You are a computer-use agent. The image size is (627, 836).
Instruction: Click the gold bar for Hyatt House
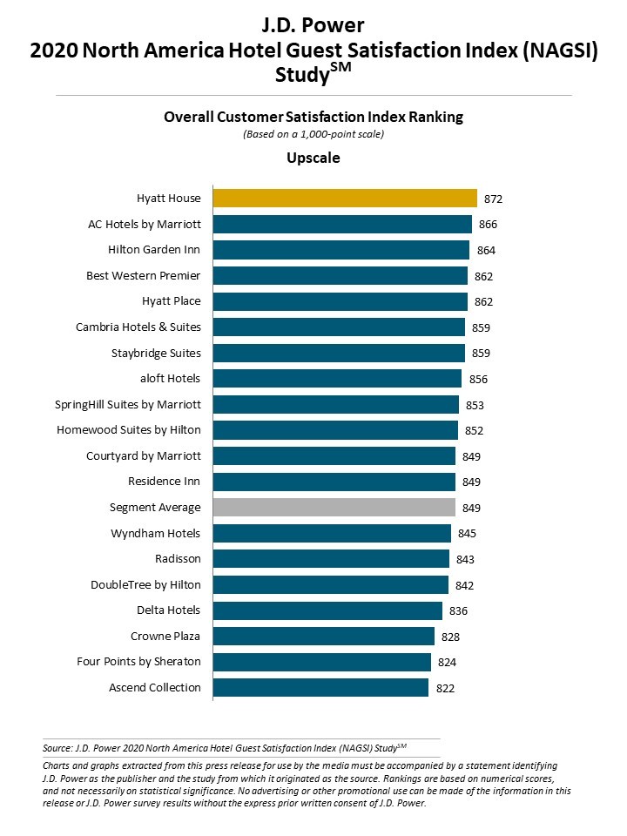pyautogui.click(x=345, y=199)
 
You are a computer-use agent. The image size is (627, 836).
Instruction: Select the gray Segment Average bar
pyautogui.click(x=334, y=508)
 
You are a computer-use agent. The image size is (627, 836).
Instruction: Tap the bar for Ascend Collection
pyautogui.click(x=320, y=688)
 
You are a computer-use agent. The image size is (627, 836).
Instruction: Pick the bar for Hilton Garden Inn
pyautogui.click(x=340, y=250)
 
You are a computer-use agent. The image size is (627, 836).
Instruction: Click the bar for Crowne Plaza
pyautogui.click(x=323, y=637)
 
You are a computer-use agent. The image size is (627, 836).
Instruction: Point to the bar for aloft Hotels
pyautogui.click(x=337, y=379)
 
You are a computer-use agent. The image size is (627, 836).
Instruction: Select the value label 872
pyautogui.click(x=494, y=199)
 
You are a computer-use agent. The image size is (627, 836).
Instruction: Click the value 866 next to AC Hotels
pyautogui.click(x=488, y=225)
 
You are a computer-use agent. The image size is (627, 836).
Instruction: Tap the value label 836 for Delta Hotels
pyautogui.click(x=458, y=611)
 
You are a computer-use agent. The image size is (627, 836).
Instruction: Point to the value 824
pyautogui.click(x=447, y=663)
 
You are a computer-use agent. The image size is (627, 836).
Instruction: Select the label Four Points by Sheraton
pyautogui.click(x=138, y=662)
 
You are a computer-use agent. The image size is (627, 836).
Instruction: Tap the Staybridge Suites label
pyautogui.click(x=156, y=353)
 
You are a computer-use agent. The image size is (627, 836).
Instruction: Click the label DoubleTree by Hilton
pyautogui.click(x=145, y=584)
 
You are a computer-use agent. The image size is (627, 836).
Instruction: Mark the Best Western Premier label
pyautogui.click(x=144, y=276)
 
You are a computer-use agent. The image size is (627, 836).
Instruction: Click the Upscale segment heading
pyautogui.click(x=313, y=158)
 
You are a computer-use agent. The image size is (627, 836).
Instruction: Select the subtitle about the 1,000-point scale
pyautogui.click(x=313, y=135)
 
